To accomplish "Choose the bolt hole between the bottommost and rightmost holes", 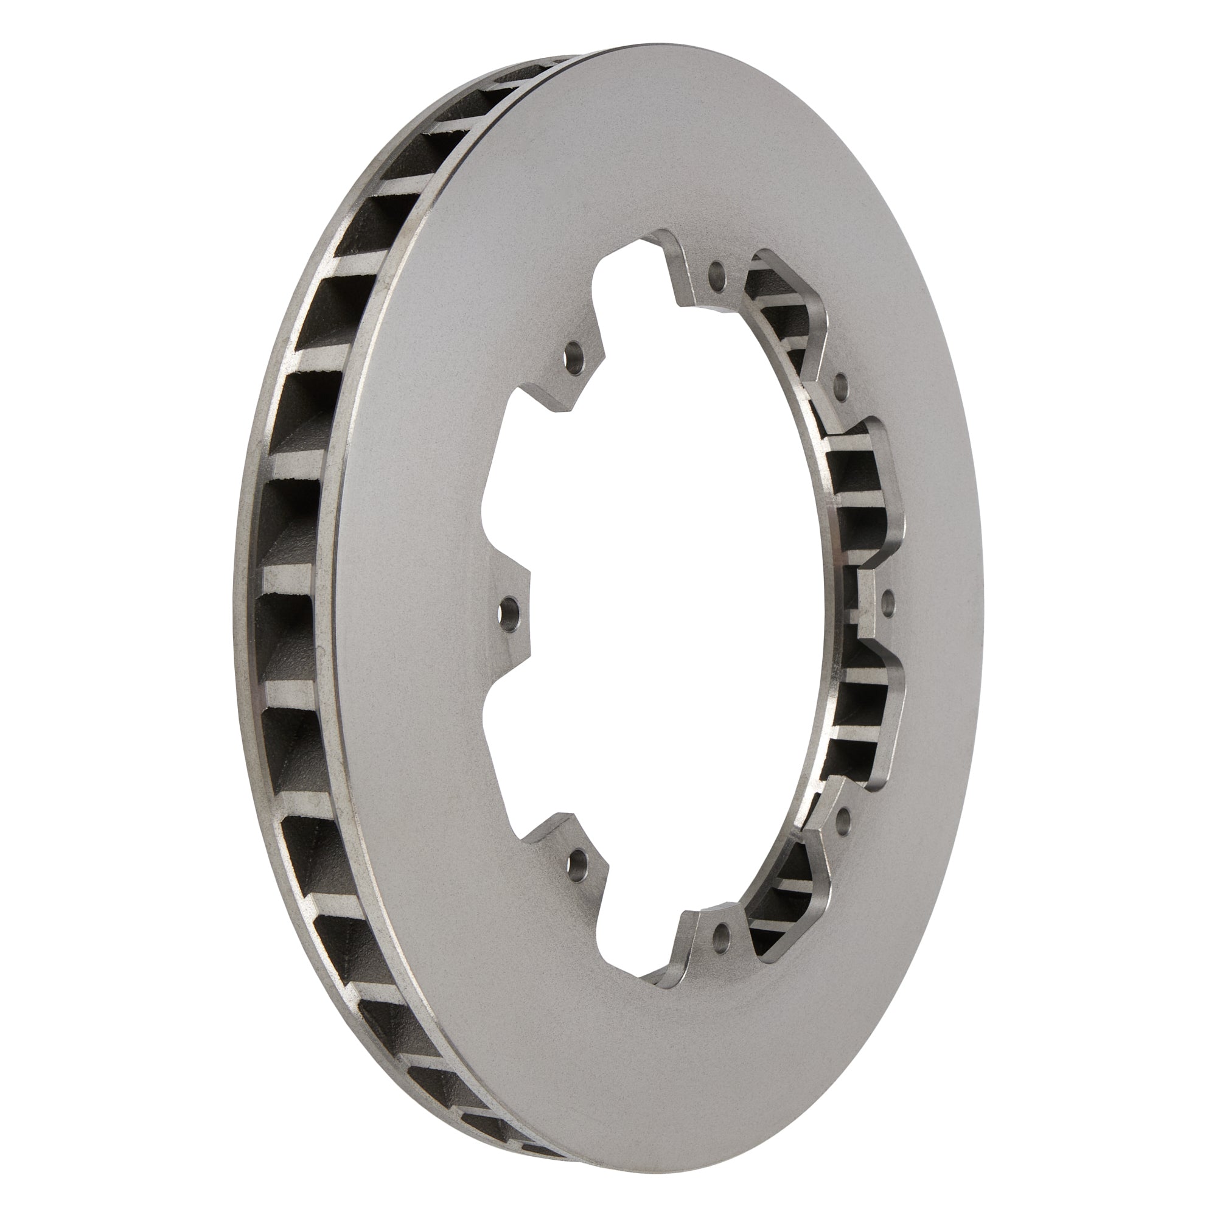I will coord(844,817).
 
